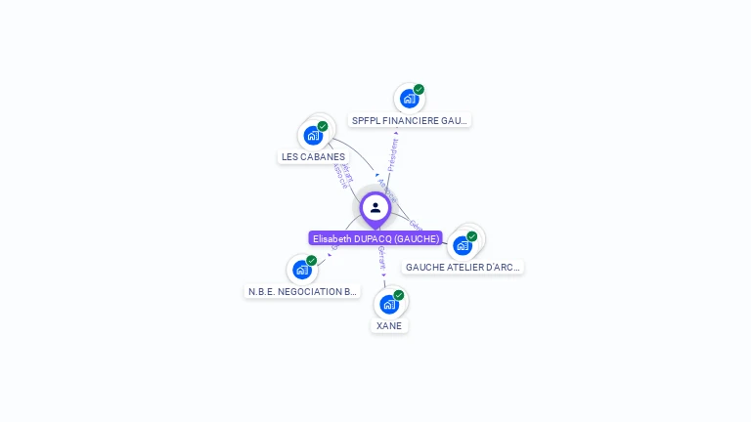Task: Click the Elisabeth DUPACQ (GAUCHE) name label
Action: (x=375, y=238)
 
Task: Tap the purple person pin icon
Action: (x=375, y=208)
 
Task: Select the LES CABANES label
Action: (x=313, y=156)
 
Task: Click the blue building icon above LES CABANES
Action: (x=313, y=135)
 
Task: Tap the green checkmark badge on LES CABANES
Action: (x=323, y=126)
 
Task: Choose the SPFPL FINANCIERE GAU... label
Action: (x=410, y=120)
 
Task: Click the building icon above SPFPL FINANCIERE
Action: (x=409, y=99)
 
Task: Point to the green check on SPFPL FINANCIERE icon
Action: (x=419, y=90)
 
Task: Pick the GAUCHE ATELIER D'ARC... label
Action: (x=463, y=267)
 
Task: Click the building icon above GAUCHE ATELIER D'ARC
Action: (x=462, y=245)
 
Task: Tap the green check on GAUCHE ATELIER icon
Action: (x=471, y=236)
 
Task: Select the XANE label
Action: (x=389, y=325)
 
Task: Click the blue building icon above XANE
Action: (x=389, y=304)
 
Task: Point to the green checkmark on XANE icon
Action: (x=399, y=295)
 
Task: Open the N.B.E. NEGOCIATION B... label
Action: (x=302, y=291)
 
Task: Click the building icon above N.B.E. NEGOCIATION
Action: (x=302, y=270)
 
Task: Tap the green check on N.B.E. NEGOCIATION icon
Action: (x=312, y=261)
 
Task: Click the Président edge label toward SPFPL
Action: (x=393, y=154)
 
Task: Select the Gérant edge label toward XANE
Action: (x=381, y=258)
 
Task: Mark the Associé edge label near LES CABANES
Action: (x=339, y=176)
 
